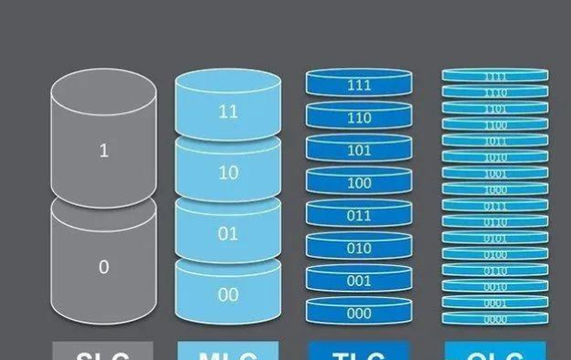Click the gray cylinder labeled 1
pyautogui.click(x=103, y=150)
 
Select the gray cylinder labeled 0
pyautogui.click(x=103, y=266)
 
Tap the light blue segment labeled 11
pyautogui.click(x=228, y=112)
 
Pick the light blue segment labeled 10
pyautogui.click(x=228, y=172)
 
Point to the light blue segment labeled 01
pyautogui.click(x=228, y=233)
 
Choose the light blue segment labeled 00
pyautogui.click(x=228, y=294)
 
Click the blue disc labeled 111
pyautogui.click(x=359, y=85)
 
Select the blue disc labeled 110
pyautogui.click(x=359, y=118)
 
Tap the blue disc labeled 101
pyautogui.click(x=359, y=150)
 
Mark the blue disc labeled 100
pyautogui.click(x=359, y=183)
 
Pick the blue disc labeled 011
pyautogui.click(x=359, y=216)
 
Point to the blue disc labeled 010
pyautogui.click(x=359, y=248)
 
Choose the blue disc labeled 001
pyautogui.click(x=359, y=281)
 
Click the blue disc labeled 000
pyautogui.click(x=359, y=313)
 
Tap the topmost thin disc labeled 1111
pyautogui.click(x=495, y=77)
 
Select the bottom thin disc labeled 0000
pyautogui.click(x=495, y=320)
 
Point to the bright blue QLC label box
pyautogui.click(x=495, y=352)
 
